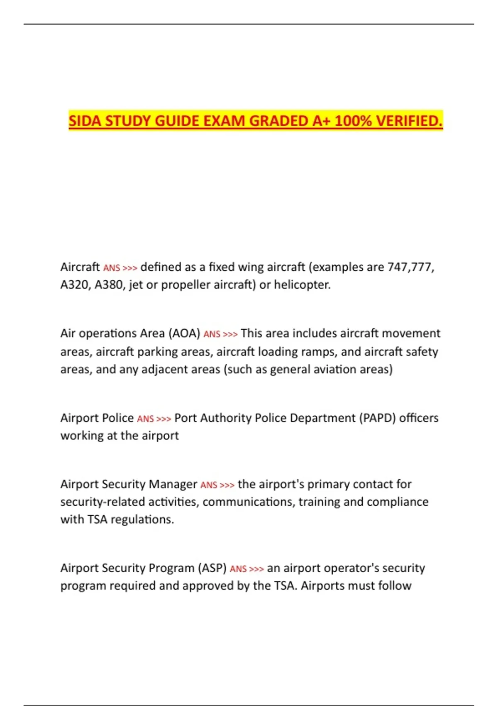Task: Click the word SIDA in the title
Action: pyautogui.click(x=85, y=121)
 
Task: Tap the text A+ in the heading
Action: pyautogui.click(x=322, y=121)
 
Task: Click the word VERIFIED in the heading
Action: pyautogui.click(x=409, y=121)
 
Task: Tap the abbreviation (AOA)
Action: pyautogui.click(x=184, y=333)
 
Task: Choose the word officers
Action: pyautogui.click(x=419, y=418)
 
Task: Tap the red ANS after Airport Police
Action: pyautogui.click(x=145, y=419)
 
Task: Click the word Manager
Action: pyautogui.click(x=173, y=484)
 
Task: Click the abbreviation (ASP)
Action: pyautogui.click(x=212, y=568)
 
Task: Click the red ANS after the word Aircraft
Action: pyautogui.click(x=111, y=268)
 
